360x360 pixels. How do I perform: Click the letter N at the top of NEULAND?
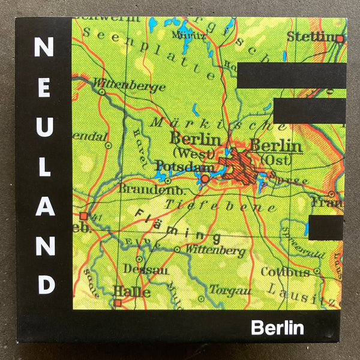pyautogui.click(x=44, y=47)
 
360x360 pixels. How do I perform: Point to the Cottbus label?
pyautogui.click(x=285, y=272)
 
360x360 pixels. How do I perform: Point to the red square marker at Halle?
pyautogui.click(x=118, y=303)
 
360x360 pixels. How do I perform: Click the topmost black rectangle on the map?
pyautogui.click(x=292, y=75)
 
